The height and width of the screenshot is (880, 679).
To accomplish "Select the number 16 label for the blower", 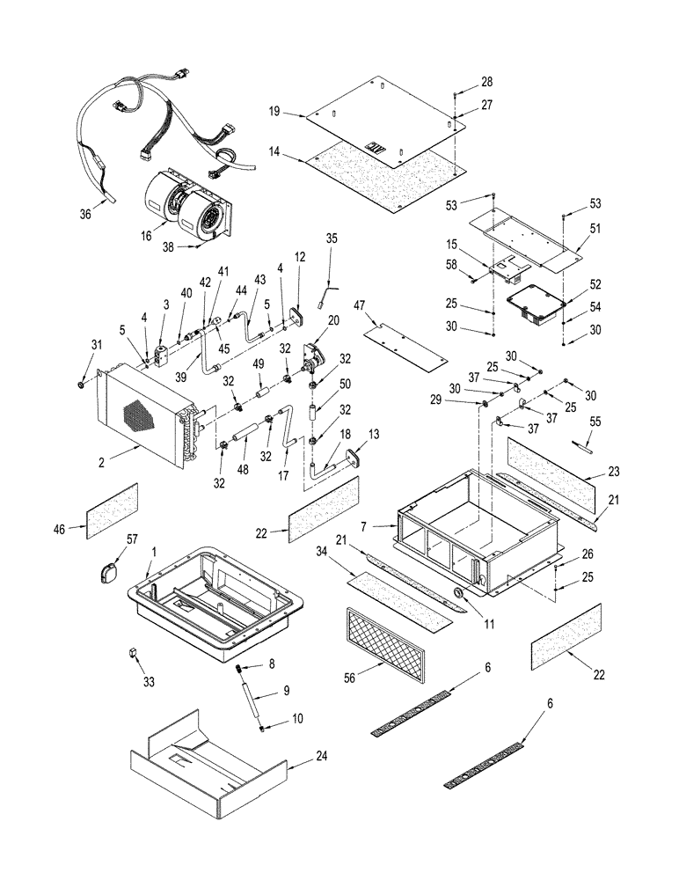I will (x=147, y=236).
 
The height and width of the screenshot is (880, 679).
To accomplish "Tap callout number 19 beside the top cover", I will (x=274, y=112).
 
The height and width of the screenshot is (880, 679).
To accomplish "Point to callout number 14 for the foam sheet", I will (x=274, y=153).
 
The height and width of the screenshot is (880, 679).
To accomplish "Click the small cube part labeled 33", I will (x=132, y=653).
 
